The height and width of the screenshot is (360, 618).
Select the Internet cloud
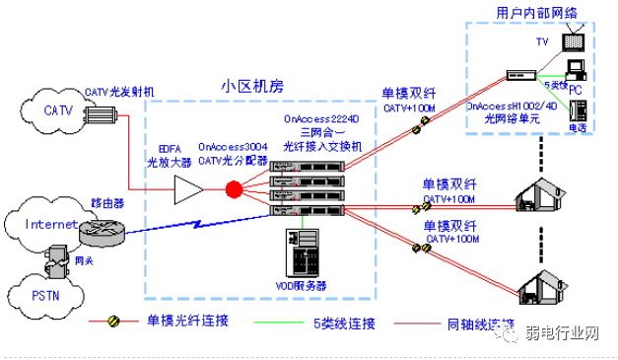click(44, 225)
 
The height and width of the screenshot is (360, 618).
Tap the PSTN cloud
click(49, 295)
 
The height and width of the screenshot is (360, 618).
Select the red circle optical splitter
click(235, 188)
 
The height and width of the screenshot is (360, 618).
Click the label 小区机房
click(250, 87)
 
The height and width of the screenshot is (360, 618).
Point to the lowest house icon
click(548, 286)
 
